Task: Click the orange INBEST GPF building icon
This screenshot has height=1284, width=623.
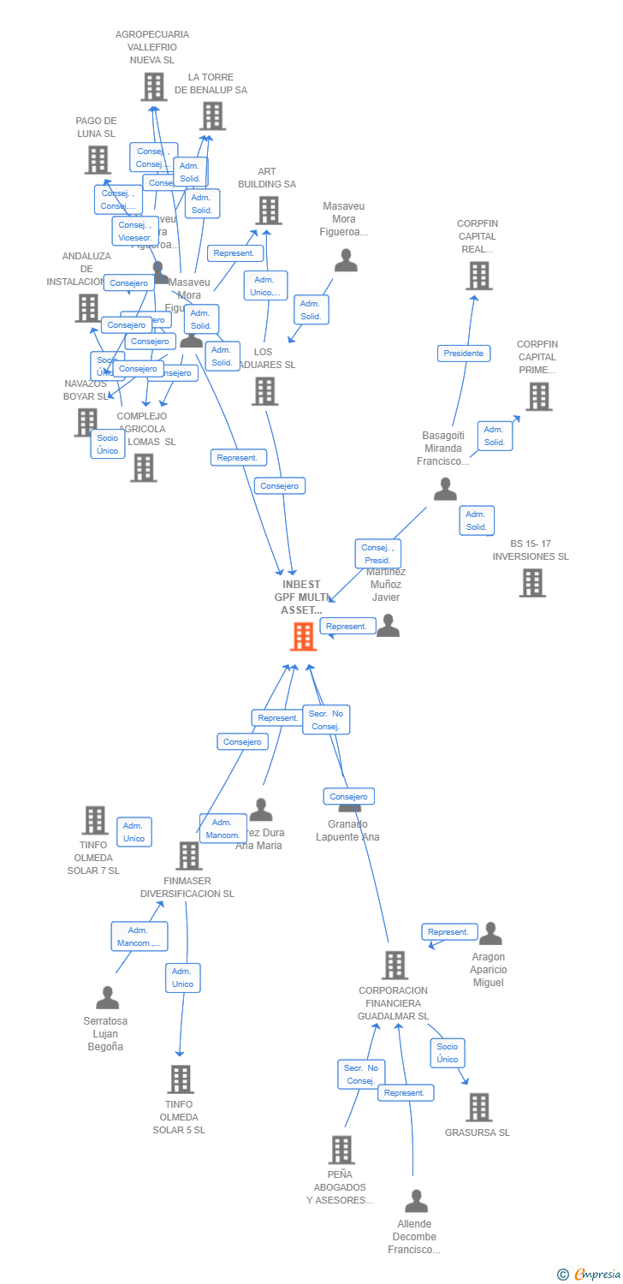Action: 303,637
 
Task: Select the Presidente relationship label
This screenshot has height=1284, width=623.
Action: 464,354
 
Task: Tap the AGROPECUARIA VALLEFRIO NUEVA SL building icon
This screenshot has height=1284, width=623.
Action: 153,86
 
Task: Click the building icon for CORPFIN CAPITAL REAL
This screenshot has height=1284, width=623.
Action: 479,276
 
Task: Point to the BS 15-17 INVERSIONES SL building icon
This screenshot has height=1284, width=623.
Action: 532,583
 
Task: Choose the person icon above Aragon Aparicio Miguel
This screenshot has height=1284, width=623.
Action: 490,934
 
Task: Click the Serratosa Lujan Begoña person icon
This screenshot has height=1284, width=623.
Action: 107,998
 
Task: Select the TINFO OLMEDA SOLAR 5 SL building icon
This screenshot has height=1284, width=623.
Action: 180,1079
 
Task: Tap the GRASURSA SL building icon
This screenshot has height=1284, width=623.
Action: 478,1107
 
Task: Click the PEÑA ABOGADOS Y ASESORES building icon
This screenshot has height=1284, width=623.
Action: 341,1150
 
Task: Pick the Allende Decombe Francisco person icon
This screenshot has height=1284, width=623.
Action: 416,1201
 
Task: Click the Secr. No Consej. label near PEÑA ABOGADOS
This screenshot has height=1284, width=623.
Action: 361,1074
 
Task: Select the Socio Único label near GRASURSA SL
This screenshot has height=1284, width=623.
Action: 448,1053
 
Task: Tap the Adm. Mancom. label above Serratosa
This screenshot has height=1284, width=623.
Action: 139,936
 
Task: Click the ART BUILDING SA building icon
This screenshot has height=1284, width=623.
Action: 268,211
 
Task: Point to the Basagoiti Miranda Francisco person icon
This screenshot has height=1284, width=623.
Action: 445,490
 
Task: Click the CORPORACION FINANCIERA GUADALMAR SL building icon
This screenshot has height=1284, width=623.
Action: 395,965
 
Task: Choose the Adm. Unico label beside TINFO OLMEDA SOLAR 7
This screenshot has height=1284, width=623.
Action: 134,832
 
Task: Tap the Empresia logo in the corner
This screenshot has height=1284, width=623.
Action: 589,1275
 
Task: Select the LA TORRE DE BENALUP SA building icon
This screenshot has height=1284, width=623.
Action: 211,116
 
